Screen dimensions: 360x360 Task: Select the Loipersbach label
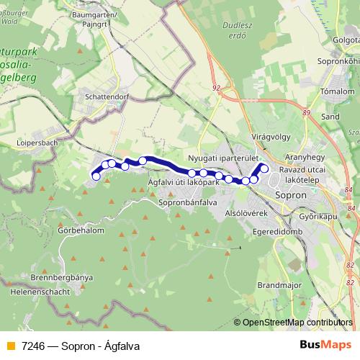coord(36,143)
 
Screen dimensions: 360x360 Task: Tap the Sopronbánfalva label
coord(183,204)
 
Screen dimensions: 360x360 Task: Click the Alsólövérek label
coord(247,214)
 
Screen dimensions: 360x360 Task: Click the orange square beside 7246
coord(10,346)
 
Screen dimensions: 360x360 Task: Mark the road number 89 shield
coord(306,112)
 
